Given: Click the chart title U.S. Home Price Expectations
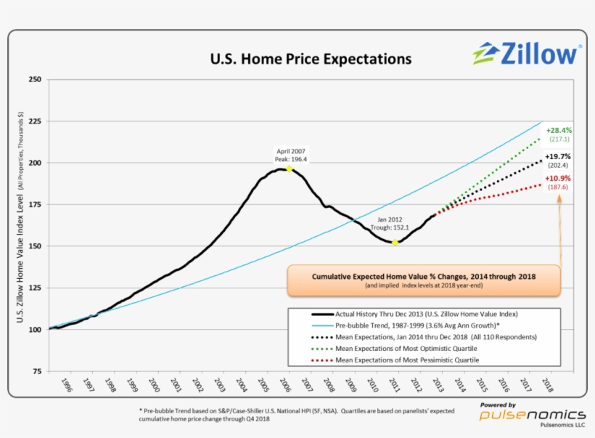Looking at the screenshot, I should pyautogui.click(x=310, y=58).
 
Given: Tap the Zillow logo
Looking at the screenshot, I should pyautogui.click(x=527, y=53).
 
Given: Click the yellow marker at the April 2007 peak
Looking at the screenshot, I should pyautogui.click(x=290, y=169).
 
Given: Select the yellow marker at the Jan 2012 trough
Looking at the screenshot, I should pyautogui.click(x=395, y=243).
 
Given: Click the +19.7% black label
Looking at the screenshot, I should pyautogui.click(x=558, y=156).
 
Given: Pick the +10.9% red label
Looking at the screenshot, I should pyautogui.click(x=558, y=179).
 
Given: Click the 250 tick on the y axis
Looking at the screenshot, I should pyautogui.click(x=33, y=79).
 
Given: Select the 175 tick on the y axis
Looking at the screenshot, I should pyautogui.click(x=33, y=205).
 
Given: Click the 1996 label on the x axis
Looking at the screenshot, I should pyautogui.click(x=66, y=385).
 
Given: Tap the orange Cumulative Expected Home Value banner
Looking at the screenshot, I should pyautogui.click(x=424, y=280).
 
